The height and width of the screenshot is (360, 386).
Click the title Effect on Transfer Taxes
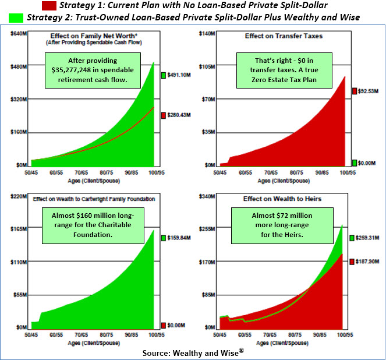(284, 37)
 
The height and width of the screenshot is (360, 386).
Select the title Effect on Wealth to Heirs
(283, 199)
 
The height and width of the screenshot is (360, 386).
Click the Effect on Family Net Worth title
(93, 36)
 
